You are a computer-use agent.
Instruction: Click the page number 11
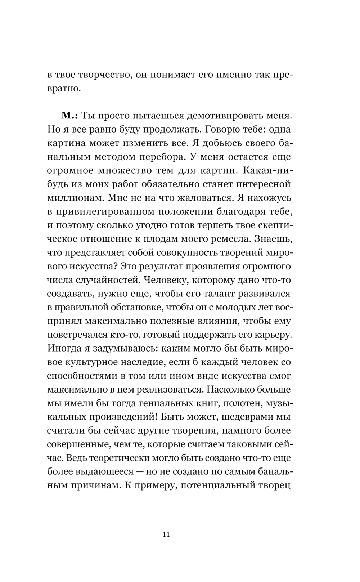(x=166, y=534)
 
